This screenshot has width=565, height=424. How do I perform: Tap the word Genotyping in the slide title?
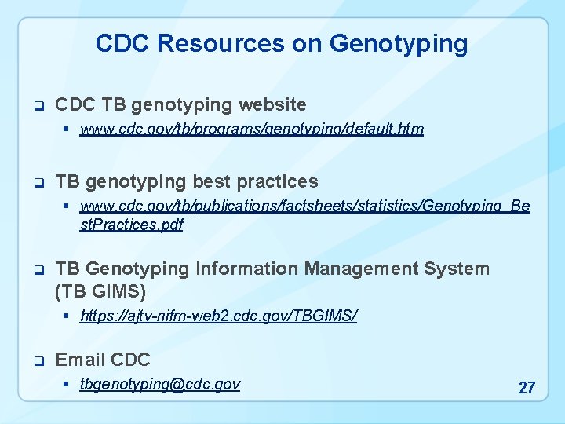pyautogui.click(x=399, y=44)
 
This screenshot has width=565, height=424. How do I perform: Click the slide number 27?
pyautogui.click(x=527, y=388)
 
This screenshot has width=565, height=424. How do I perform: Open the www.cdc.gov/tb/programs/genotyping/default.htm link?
pyautogui.click(x=251, y=130)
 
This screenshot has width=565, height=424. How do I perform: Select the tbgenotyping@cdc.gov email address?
pyautogui.click(x=160, y=384)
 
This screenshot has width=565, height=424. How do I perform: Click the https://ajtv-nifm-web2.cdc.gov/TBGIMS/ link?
pyautogui.click(x=218, y=316)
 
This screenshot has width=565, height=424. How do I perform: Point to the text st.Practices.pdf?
pyautogui.click(x=131, y=225)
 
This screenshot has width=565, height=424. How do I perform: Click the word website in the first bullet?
pyautogui.click(x=272, y=104)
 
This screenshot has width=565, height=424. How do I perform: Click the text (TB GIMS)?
pyautogui.click(x=100, y=292)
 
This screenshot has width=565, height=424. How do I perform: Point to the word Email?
pyautogui.click(x=80, y=360)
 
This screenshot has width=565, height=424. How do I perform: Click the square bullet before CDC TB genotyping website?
pyautogui.click(x=37, y=105)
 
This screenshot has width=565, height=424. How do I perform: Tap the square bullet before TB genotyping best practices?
pyautogui.click(x=37, y=183)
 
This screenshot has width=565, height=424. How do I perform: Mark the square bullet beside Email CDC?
pyautogui.click(x=37, y=361)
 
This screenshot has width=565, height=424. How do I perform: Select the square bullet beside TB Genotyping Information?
pyautogui.click(x=37, y=270)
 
